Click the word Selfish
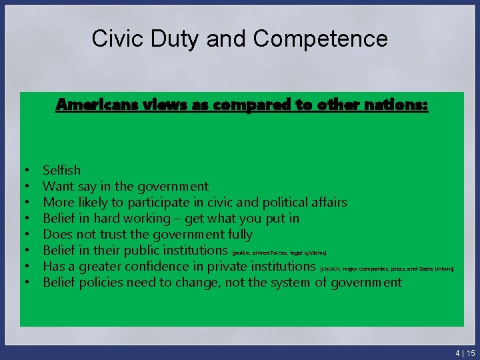tap(61, 170)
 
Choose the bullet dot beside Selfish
tap(23, 171)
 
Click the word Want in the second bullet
tap(58, 186)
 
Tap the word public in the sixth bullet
tap(139, 250)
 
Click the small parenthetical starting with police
tap(279, 253)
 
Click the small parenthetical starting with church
tap(387, 269)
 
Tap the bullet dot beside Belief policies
tap(23, 283)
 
